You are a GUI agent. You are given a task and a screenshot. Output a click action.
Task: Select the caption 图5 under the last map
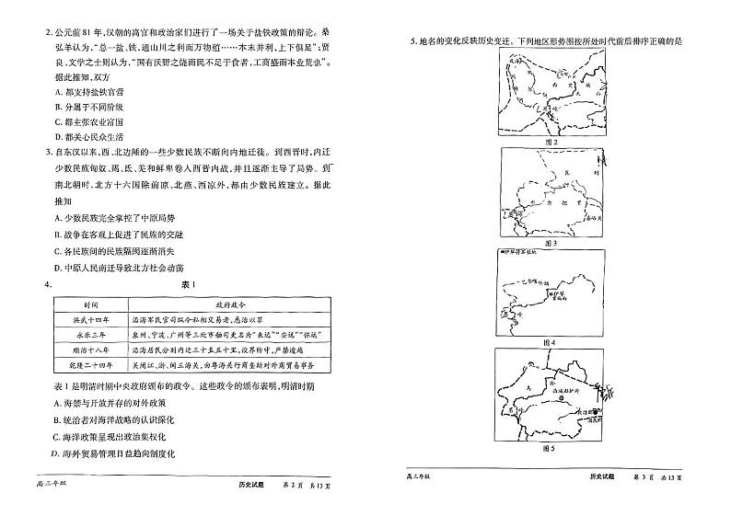551,448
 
